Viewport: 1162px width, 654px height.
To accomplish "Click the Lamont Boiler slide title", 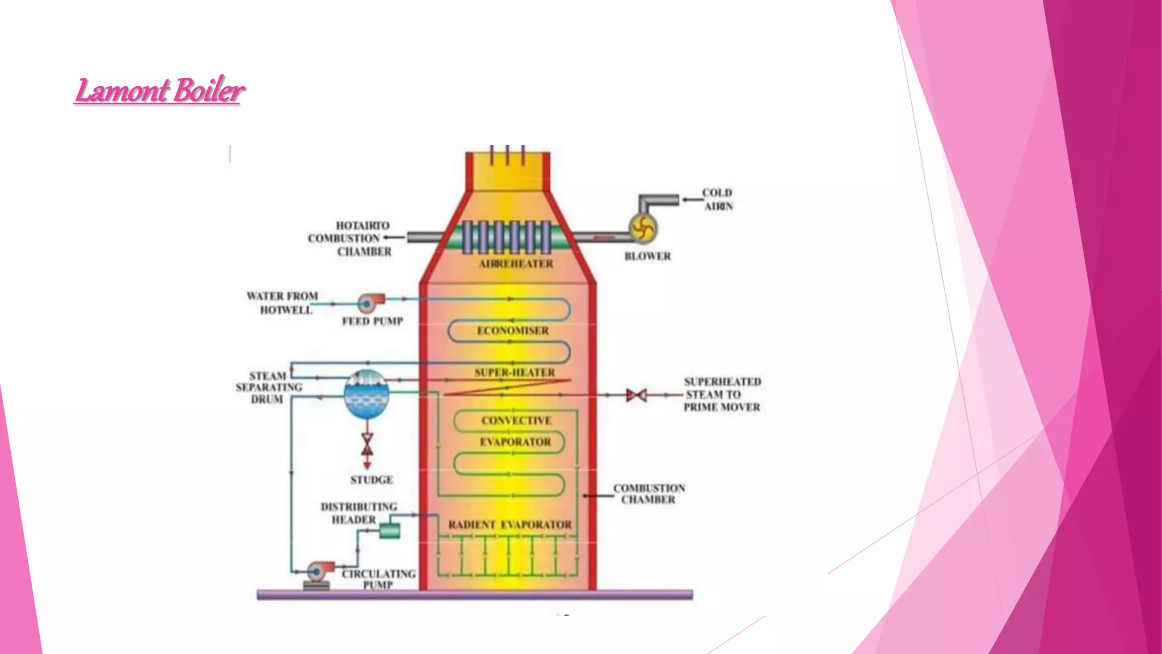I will click(x=159, y=90).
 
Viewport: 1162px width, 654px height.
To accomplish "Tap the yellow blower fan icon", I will click(x=643, y=229).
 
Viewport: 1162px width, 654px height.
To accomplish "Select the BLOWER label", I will click(x=647, y=257).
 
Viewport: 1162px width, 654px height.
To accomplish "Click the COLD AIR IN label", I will click(x=718, y=200).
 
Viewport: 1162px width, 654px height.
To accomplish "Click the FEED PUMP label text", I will click(x=372, y=321).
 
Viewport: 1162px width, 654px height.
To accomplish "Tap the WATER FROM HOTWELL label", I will click(x=283, y=303).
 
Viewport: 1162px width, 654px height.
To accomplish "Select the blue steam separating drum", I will click(x=367, y=395).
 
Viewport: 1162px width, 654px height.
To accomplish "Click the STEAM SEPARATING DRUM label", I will click(x=268, y=388).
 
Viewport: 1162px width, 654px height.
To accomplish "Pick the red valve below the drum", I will click(x=367, y=445).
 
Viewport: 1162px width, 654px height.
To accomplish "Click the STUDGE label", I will click(x=372, y=480).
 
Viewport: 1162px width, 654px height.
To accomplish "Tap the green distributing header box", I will click(x=389, y=531).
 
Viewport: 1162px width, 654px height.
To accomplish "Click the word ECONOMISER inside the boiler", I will click(x=513, y=330).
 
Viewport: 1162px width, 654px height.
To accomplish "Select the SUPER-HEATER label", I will click(x=515, y=372).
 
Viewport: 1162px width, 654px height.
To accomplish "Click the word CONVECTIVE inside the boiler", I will click(x=516, y=421).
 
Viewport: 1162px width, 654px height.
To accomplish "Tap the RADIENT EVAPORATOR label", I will click(x=510, y=525).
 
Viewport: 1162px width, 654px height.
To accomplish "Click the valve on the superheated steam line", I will click(x=636, y=395).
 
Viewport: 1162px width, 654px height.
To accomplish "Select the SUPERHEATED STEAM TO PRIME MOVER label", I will click(x=722, y=395).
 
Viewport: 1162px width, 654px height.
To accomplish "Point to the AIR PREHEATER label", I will click(x=516, y=264).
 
